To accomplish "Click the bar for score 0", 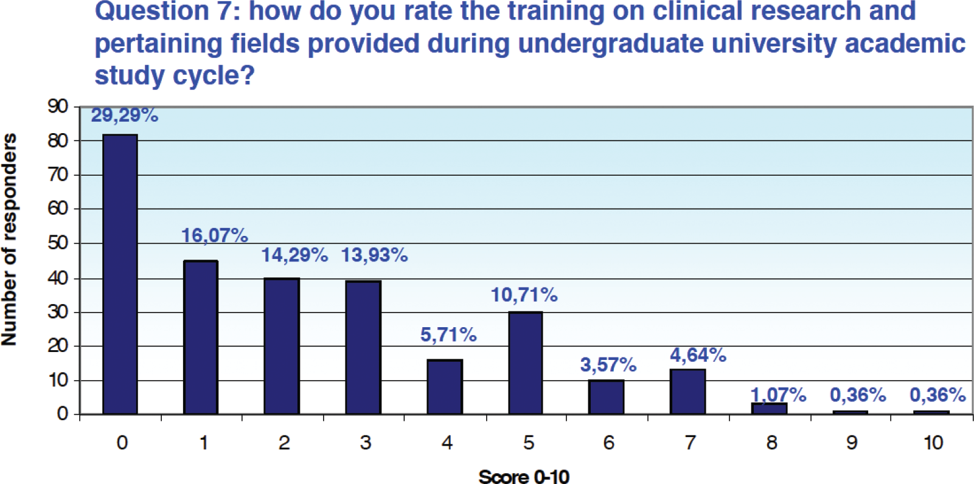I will coord(120,274).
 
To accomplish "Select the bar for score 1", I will coord(201,337).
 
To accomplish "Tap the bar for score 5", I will coord(526,363).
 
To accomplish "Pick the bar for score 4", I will coord(445,387).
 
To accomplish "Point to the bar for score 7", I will coord(688,392).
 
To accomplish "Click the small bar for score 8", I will coord(770,409).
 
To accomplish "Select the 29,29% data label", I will coord(125,115).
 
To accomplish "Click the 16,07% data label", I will coord(215,235).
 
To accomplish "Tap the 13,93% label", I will coord(374,255).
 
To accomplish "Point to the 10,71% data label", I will coord(524,295).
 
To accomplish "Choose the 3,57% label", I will coord(608,365).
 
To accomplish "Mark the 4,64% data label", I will coord(698,355).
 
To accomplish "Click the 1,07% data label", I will coord(778,395).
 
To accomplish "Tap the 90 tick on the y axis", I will coord(58,106).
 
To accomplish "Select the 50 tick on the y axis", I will coord(58,243).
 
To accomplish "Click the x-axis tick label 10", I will coord(933,443).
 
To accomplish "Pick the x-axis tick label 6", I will coord(608,443).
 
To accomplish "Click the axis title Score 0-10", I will coord(524,477).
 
